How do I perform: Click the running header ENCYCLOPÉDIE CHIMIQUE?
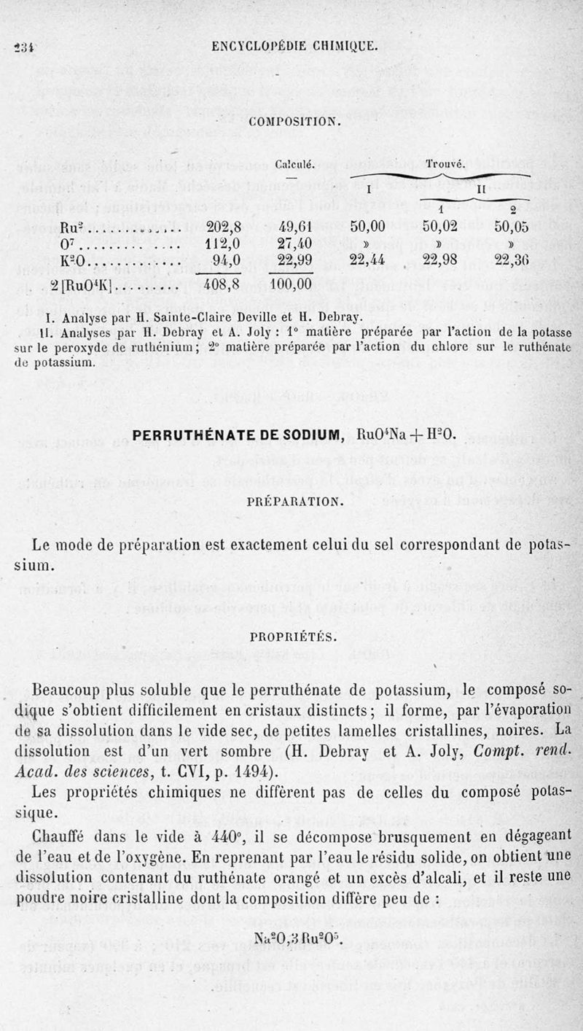tap(294, 45)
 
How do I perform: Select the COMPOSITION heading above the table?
tap(294, 121)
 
